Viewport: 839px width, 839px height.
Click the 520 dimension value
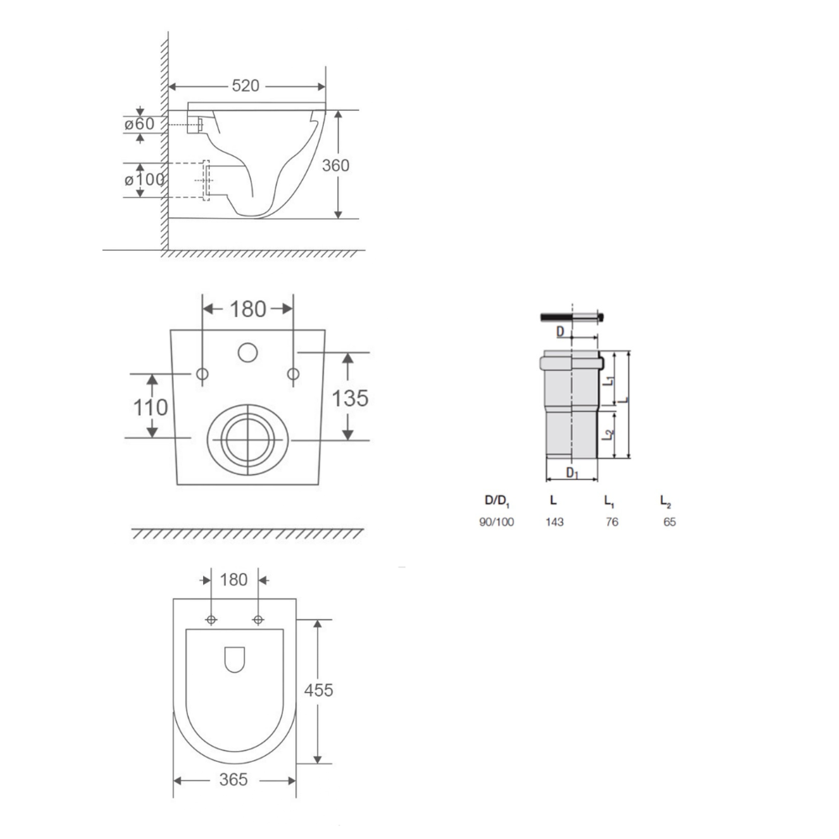[x=246, y=86]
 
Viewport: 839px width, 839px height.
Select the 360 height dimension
[x=336, y=165]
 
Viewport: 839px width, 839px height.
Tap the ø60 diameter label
[x=139, y=123]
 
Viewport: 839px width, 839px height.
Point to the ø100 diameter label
[x=144, y=180]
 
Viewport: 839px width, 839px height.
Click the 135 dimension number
[x=351, y=398]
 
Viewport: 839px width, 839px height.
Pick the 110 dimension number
[x=150, y=407]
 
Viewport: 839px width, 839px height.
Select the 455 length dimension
[x=318, y=690]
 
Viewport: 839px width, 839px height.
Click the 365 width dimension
[x=233, y=779]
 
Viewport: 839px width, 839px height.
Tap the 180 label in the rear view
[x=248, y=310]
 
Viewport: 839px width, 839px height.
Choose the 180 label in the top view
[x=234, y=580]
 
